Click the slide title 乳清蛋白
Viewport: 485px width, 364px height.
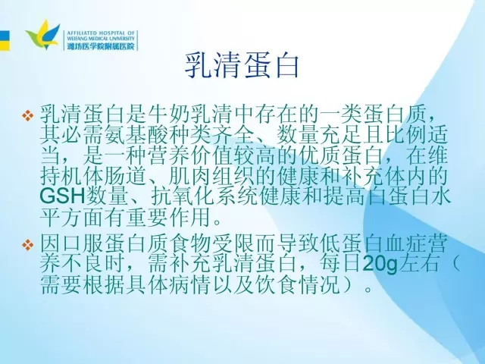point(242,66)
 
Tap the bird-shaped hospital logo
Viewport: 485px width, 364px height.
point(42,35)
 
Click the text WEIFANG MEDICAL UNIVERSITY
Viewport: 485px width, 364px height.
point(101,39)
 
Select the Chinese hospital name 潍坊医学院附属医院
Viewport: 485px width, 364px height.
point(101,46)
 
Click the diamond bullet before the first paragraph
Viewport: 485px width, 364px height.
point(27,115)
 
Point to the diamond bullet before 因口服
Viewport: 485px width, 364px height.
point(27,245)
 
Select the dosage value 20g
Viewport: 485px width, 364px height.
point(380,265)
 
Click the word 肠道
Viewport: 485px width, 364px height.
point(125,175)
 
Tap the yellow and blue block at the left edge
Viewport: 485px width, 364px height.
point(5,40)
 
